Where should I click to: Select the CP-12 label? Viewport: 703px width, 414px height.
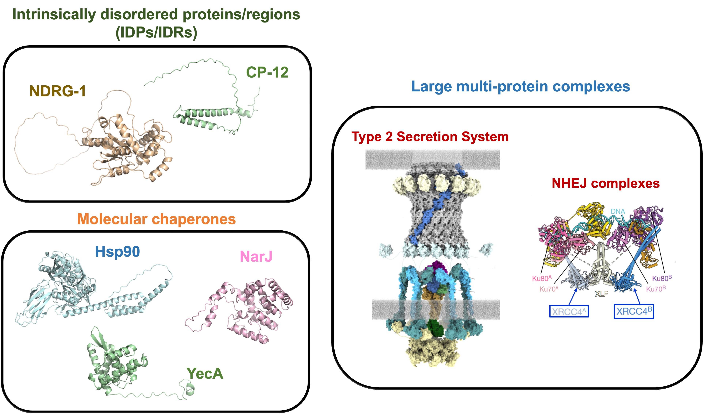[x=267, y=72]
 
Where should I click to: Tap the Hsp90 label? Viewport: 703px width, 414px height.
[x=117, y=251]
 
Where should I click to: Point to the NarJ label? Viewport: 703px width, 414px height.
[x=256, y=256]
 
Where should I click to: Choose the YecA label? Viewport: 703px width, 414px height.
[x=205, y=374]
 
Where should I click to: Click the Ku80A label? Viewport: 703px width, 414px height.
[x=542, y=278]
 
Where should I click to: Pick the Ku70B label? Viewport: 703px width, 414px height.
[x=656, y=289]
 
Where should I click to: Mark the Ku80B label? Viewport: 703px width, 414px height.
[x=662, y=278]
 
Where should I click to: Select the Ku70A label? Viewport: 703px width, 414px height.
[x=549, y=289]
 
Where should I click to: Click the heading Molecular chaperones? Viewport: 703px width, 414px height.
[x=157, y=219]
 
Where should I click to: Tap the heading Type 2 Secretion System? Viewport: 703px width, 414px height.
[x=430, y=137]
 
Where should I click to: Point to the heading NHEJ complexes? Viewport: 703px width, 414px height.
[x=606, y=183]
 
